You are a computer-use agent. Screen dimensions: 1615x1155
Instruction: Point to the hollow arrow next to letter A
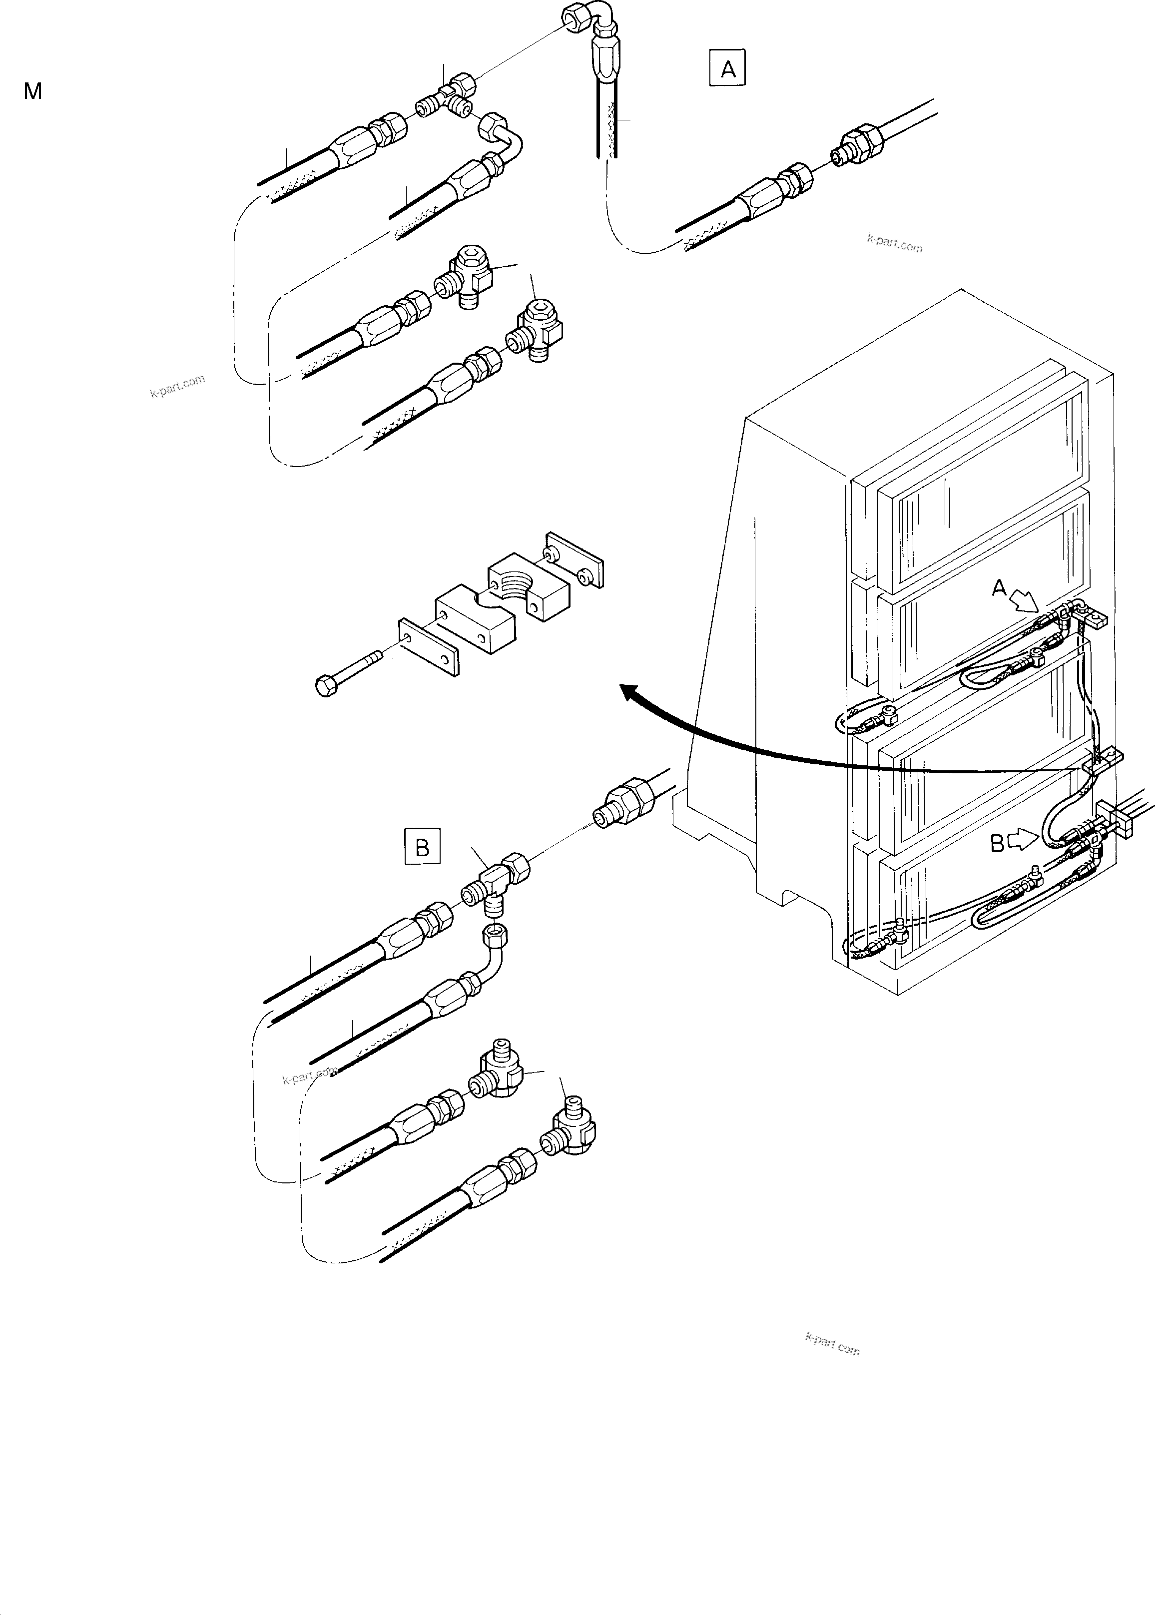(1026, 603)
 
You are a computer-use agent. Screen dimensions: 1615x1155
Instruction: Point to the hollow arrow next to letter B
(1024, 841)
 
